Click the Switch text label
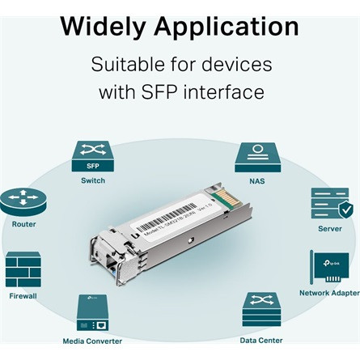tap(93, 180)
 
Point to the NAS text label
tap(257, 181)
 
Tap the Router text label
tap(23, 224)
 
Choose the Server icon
tap(330, 205)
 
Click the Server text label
tap(330, 229)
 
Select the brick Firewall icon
tap(23, 269)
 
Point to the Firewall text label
tap(22, 296)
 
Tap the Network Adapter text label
tap(329, 293)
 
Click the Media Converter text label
tap(92, 341)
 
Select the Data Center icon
tap(261, 311)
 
